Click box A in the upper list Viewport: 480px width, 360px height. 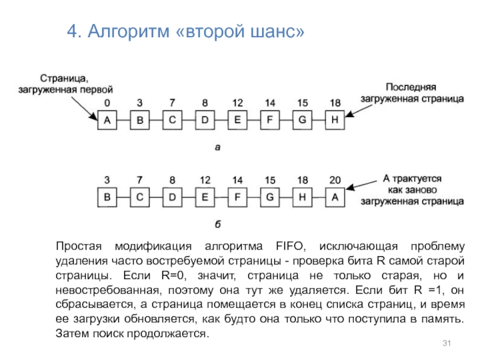107,121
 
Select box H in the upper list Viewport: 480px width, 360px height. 335,121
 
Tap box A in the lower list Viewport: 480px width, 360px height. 335,196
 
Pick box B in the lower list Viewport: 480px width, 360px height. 107,196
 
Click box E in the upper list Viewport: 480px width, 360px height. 238,121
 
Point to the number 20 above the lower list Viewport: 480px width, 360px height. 335,179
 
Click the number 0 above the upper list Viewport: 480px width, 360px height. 107,103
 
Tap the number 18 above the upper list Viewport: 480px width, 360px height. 335,103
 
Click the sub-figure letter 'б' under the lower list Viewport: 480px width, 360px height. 218,224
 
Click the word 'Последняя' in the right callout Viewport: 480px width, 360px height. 410,86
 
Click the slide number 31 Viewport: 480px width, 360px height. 446,343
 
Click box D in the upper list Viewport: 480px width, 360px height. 205,121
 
